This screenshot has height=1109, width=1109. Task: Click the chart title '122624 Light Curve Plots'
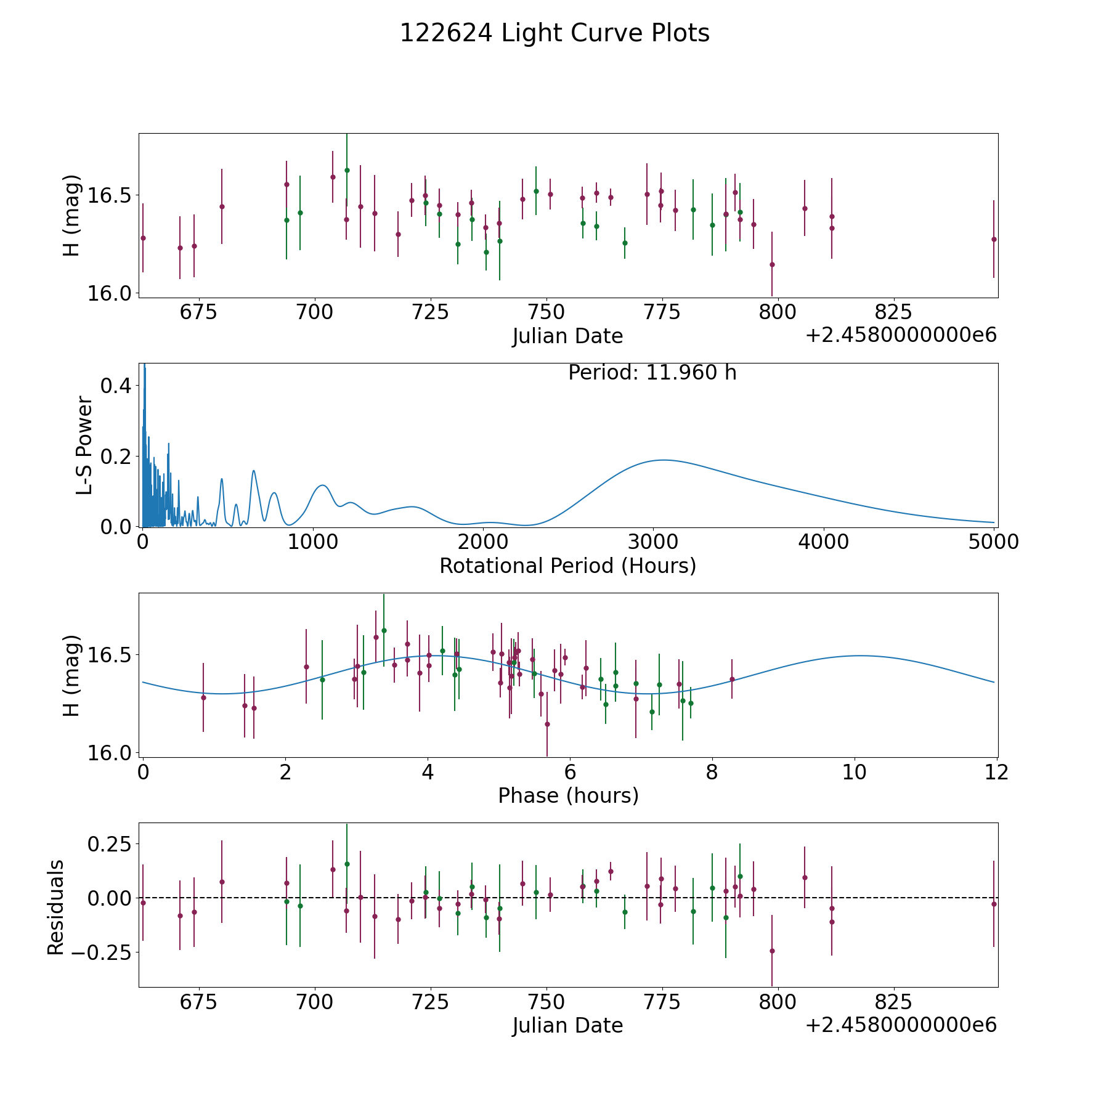[x=554, y=33]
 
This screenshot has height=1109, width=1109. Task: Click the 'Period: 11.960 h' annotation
[x=652, y=373]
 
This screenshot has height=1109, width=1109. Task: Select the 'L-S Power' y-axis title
[x=84, y=445]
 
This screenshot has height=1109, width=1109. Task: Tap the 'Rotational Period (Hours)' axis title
[x=567, y=566]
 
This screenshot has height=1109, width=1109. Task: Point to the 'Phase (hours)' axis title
[x=567, y=795]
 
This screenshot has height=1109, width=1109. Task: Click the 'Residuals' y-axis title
[x=56, y=908]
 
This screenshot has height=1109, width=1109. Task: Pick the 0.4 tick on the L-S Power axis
[x=115, y=386]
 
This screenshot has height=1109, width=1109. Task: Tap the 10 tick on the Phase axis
[x=855, y=773]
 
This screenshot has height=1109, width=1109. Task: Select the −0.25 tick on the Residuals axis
[x=102, y=953]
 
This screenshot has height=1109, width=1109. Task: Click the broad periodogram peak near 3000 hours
[x=663, y=460]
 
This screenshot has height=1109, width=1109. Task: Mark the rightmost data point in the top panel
[x=993, y=239]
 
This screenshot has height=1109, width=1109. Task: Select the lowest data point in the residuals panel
[x=772, y=951]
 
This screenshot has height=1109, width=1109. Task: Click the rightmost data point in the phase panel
[x=732, y=679]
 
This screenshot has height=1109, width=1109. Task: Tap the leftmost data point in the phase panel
[x=203, y=697]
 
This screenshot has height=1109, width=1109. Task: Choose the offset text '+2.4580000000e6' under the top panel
[x=901, y=336]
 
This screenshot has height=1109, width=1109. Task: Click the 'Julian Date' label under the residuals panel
[x=567, y=1025]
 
